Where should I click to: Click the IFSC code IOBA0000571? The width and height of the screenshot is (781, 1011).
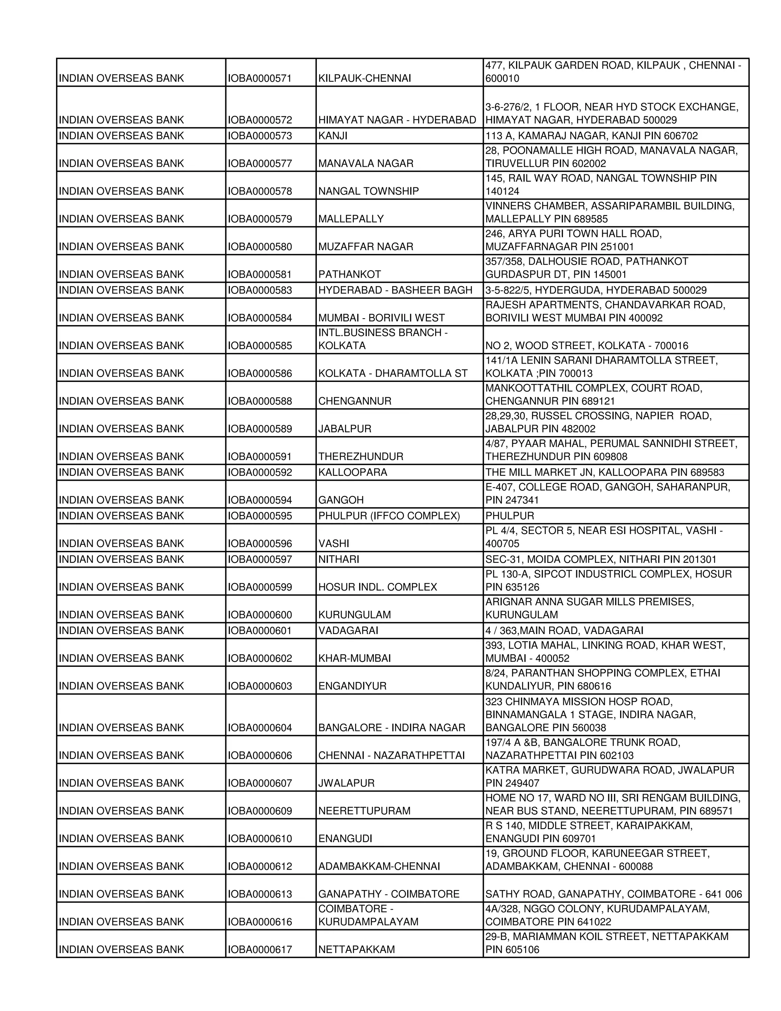pyautogui.click(x=260, y=78)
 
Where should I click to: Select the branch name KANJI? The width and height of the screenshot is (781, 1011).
pyautogui.click(x=333, y=136)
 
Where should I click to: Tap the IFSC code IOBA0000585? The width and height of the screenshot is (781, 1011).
pyautogui.click(x=260, y=346)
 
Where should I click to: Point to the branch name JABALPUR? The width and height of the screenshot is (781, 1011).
pyautogui.click(x=345, y=429)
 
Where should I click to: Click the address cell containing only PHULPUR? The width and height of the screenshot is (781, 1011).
pyautogui.click(x=509, y=516)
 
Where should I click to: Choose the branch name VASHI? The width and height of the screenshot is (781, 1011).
pyautogui.click(x=334, y=543)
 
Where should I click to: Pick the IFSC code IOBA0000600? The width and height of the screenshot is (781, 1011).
pyautogui.click(x=260, y=615)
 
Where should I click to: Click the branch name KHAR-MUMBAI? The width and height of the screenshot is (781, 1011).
pyautogui.click(x=354, y=658)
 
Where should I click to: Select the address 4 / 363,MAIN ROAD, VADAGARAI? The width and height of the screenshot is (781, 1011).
pyautogui.click(x=564, y=631)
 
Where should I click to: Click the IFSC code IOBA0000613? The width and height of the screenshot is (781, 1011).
pyautogui.click(x=260, y=894)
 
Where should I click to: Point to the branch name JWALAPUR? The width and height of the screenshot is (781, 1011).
pyautogui.click(x=346, y=783)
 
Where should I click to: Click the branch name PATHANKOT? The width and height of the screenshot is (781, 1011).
pyautogui.click(x=349, y=275)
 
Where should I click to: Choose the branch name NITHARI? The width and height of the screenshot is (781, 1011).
pyautogui.click(x=339, y=559)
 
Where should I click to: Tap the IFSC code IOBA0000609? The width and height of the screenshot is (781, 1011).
pyautogui.click(x=260, y=811)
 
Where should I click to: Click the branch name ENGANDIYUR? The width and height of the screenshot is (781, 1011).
pyautogui.click(x=352, y=686)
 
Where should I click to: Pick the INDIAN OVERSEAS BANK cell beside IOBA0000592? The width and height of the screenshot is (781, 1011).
pyautogui.click(x=121, y=472)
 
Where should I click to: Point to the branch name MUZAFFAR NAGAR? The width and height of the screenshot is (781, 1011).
pyautogui.click(x=365, y=247)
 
